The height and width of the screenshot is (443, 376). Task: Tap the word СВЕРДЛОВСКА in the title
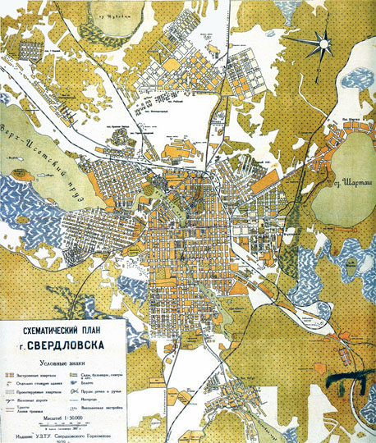68,344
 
